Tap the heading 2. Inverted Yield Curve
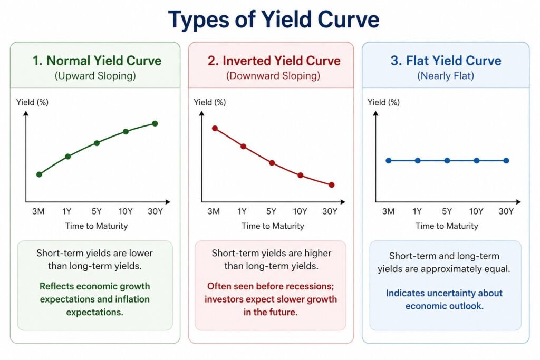coord(273,60)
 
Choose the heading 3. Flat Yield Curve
coord(446,60)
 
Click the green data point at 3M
coord(39,174)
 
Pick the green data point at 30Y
coord(155,123)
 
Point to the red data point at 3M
coord(215,128)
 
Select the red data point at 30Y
coord(331,185)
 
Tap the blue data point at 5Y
coord(447,161)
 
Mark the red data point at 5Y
coord(272,163)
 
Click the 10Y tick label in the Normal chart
coord(126,212)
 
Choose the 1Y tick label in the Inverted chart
coord(242,212)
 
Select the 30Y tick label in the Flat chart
coord(506,212)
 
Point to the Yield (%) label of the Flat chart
coord(384,102)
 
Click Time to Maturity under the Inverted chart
coord(273,226)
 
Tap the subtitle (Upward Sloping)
coord(95,76)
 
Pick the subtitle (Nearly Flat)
coord(446,76)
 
